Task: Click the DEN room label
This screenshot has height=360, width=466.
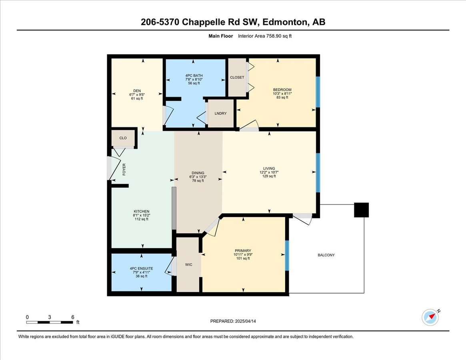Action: [137, 91]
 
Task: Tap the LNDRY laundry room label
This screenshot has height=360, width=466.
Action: [220, 113]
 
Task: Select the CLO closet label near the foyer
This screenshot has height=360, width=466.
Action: [123, 138]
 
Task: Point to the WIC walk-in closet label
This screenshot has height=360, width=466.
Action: [189, 264]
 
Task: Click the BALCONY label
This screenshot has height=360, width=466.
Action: [326, 255]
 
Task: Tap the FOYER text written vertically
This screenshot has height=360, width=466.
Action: [124, 169]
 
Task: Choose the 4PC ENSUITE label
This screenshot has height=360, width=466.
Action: [142, 268]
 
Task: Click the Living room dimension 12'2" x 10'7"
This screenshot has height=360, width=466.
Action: [269, 172]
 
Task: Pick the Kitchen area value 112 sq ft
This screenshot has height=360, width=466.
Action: [142, 219]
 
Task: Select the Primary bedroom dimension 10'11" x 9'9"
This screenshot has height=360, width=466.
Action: [243, 254]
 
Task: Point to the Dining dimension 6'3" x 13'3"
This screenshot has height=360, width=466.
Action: [198, 176]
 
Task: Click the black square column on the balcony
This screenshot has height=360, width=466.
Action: [361, 210]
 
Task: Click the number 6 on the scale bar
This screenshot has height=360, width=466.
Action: [73, 317]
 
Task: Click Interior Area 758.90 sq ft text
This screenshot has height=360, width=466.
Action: [265, 36]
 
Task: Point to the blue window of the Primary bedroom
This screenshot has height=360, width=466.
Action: [287, 255]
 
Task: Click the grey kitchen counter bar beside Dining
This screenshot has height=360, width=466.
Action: [174, 208]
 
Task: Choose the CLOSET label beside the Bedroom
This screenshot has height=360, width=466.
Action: [237, 77]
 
